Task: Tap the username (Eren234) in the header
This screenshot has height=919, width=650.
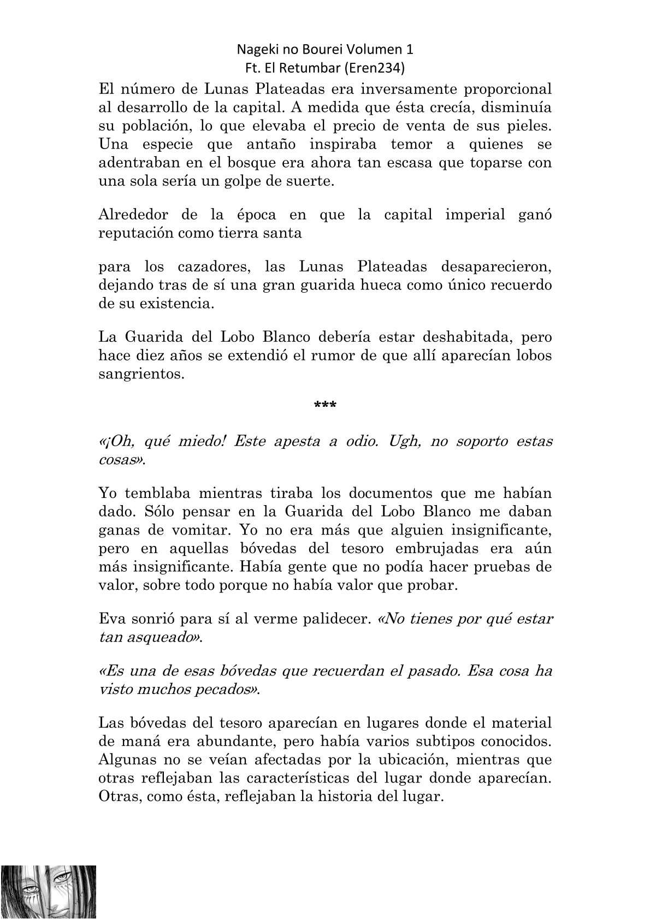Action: [x=383, y=68]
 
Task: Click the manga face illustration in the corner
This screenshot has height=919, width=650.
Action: [x=48, y=892]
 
